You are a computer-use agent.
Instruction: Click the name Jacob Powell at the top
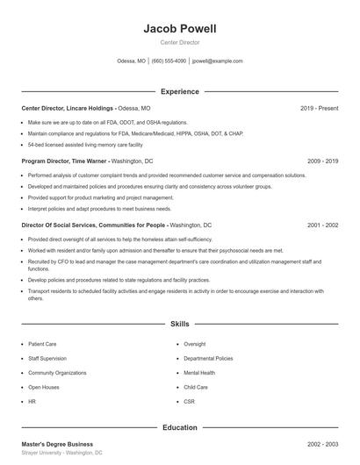point(179,29)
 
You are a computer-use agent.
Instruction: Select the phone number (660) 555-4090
point(169,61)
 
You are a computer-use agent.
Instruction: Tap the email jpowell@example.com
point(217,61)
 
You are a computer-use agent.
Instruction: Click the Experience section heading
point(179,91)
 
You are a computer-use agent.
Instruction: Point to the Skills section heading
point(179,325)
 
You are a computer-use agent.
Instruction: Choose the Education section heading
point(179,427)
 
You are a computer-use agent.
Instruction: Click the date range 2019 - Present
point(319,108)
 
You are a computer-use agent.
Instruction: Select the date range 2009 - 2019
point(322,161)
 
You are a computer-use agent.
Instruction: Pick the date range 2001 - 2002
point(322,225)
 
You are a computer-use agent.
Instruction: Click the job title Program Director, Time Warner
point(65,161)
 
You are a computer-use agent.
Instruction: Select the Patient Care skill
point(42,344)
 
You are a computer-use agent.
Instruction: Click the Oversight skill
point(194,344)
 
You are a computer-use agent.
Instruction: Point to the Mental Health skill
point(198,373)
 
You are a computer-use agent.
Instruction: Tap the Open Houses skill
point(43,387)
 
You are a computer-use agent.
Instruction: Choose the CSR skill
point(189,401)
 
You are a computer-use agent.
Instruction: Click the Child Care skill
point(196,387)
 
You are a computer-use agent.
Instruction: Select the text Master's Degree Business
point(57,444)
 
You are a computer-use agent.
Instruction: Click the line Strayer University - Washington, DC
point(61,453)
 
